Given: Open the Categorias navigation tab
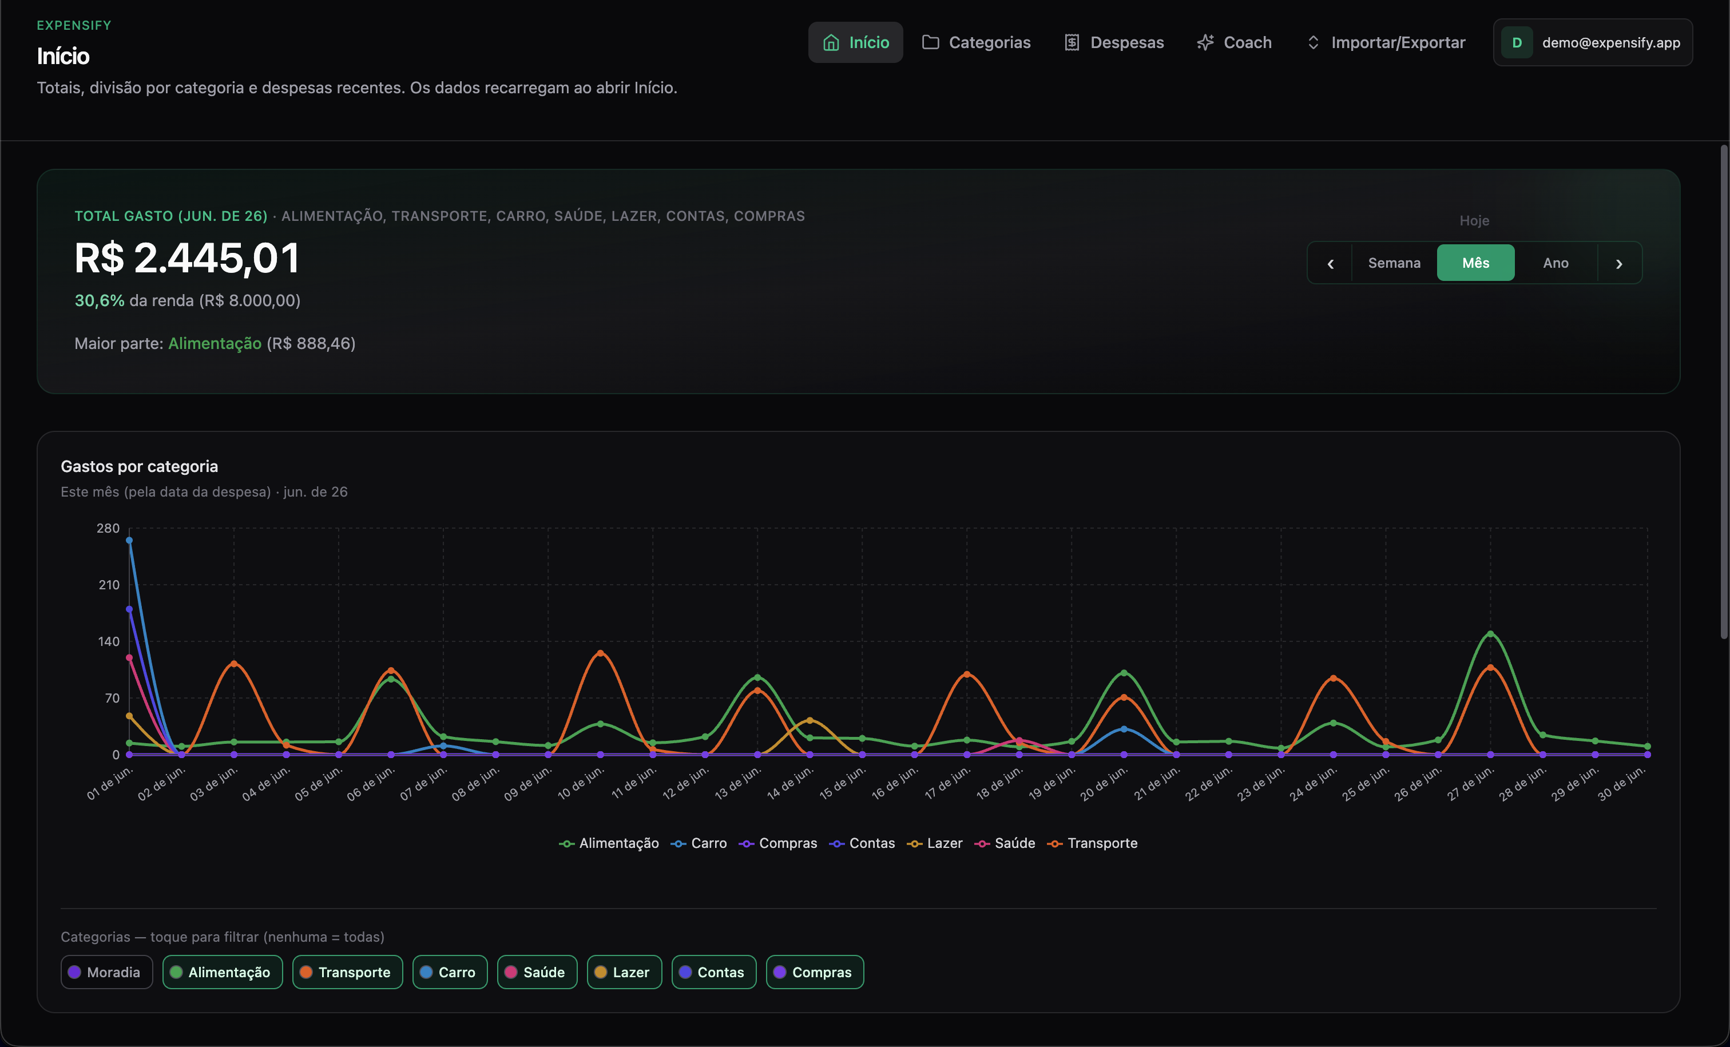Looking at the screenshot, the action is click(x=976, y=42).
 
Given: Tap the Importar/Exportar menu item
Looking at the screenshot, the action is click(x=1385, y=42).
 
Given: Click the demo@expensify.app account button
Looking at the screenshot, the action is click(x=1592, y=42).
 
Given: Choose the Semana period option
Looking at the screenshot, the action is click(x=1394, y=263).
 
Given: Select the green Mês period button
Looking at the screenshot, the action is click(x=1475, y=263).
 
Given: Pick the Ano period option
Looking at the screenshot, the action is click(x=1555, y=263).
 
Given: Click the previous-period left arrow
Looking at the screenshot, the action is click(x=1330, y=263).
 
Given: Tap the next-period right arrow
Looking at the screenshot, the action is click(x=1619, y=263).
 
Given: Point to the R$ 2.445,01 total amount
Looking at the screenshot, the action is click(x=187, y=257).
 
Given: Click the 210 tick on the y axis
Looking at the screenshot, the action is click(x=109, y=584).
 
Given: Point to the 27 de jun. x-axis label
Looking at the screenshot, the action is click(x=1470, y=784).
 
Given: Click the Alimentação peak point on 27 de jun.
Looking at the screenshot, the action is click(x=1490, y=634).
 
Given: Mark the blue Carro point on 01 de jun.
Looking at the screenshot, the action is click(x=129, y=540).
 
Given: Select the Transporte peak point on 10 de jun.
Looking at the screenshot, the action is click(x=600, y=653).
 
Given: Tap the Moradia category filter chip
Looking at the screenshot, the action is click(x=107, y=972).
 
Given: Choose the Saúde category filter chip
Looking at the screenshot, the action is click(x=537, y=972).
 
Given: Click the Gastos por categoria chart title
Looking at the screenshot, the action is click(x=139, y=466).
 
